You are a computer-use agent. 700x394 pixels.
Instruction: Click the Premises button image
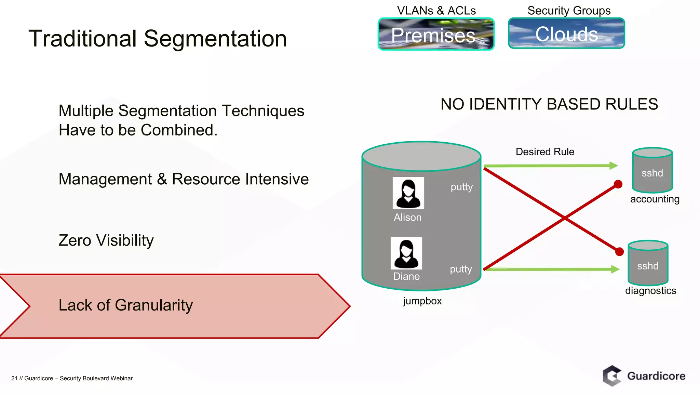(436, 34)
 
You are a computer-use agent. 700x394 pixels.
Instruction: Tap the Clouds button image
(566, 34)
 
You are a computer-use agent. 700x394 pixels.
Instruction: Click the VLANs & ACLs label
(436, 11)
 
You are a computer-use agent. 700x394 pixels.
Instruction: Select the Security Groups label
(569, 11)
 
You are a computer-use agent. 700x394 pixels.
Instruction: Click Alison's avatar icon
(408, 193)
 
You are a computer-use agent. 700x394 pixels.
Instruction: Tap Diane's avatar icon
(406, 253)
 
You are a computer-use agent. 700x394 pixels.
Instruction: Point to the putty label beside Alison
(461, 187)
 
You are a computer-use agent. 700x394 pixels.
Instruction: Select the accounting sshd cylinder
(652, 170)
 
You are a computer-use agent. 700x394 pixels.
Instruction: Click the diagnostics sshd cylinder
(648, 263)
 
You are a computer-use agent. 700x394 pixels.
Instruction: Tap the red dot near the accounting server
(618, 184)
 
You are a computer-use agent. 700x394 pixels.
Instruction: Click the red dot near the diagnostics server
(619, 252)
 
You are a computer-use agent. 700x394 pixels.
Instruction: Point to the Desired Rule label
(545, 152)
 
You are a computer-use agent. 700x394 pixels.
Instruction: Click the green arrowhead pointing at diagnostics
(615, 269)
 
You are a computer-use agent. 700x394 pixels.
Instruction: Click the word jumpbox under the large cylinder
(422, 301)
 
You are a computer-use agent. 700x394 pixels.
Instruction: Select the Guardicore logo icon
(612, 376)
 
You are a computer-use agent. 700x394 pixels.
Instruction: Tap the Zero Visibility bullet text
(106, 240)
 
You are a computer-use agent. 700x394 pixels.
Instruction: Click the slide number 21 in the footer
(14, 378)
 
